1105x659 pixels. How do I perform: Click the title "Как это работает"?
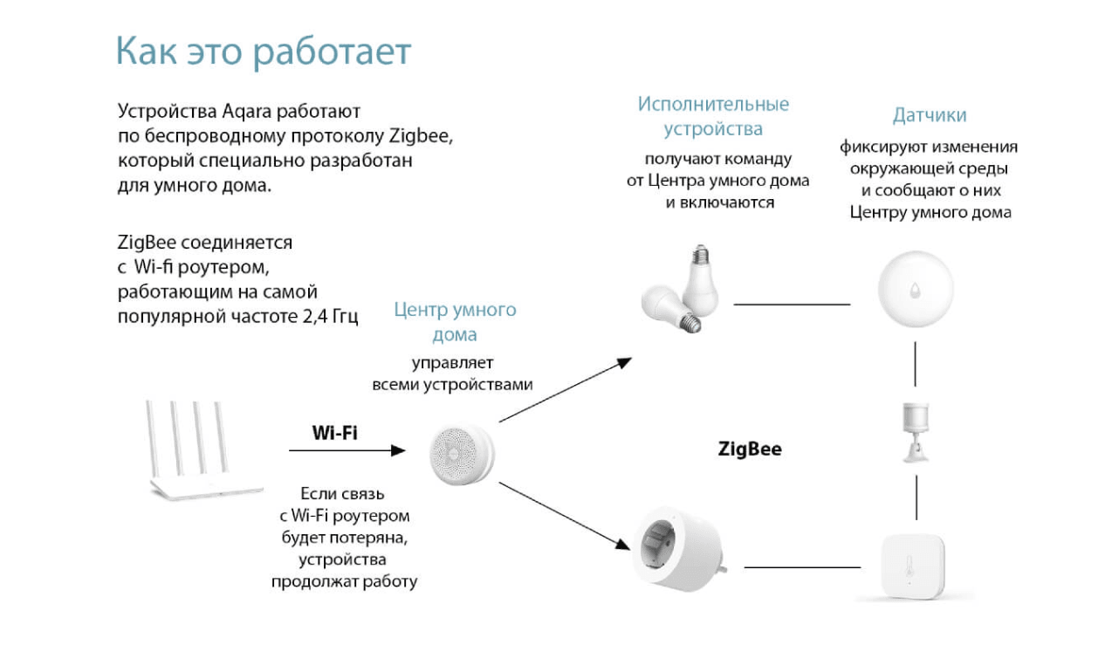264,51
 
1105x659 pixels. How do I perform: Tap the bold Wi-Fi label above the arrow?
335,433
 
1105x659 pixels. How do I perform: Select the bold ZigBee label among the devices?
750,449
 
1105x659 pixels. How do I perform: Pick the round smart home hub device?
462,454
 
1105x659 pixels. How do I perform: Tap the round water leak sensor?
916,289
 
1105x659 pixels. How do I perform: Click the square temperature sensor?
913,566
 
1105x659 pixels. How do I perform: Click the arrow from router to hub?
347,450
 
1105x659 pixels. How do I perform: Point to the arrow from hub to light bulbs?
566,389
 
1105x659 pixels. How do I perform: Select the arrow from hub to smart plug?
565,516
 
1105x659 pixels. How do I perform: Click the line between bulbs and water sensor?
792,305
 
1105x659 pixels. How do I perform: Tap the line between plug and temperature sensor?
803,567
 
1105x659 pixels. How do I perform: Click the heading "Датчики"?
930,115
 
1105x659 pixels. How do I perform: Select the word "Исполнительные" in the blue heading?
713,104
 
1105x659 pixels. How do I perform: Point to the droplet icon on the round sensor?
915,290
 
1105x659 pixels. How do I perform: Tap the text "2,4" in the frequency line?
315,317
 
